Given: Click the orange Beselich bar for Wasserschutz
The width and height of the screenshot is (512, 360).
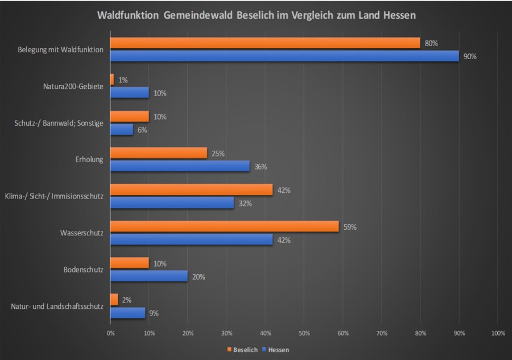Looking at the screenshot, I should [x=225, y=226].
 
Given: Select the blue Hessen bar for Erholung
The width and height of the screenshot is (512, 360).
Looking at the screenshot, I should [x=179, y=166].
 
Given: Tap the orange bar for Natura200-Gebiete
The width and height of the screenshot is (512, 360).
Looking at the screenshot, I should [x=112, y=80].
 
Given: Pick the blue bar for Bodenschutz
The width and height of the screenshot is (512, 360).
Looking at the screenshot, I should [x=148, y=276].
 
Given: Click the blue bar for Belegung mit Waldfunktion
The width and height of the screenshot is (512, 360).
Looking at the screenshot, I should [x=284, y=56].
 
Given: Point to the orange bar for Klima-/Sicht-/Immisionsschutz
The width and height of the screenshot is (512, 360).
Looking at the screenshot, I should [x=191, y=189].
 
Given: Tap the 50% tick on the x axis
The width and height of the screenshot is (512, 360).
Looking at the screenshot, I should [x=304, y=333].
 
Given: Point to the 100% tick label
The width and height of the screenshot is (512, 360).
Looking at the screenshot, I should [x=498, y=333].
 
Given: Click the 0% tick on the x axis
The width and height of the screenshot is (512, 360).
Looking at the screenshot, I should [x=110, y=333].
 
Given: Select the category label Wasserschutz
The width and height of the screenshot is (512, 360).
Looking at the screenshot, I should [x=81, y=233].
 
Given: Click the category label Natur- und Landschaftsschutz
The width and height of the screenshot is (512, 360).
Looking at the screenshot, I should [x=57, y=307].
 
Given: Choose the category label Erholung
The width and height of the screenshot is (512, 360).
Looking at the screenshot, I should [x=89, y=160].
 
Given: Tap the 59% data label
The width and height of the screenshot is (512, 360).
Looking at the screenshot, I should [x=350, y=227].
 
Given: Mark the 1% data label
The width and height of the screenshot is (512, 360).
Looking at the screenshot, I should [x=123, y=80].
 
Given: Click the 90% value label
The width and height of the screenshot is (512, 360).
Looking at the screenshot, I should [x=470, y=56].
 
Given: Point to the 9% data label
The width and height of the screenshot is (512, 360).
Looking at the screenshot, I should [x=154, y=313].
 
